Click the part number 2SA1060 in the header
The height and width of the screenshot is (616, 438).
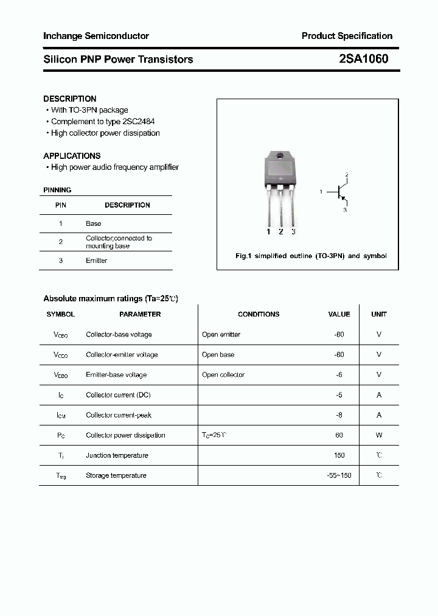pyautogui.click(x=363, y=59)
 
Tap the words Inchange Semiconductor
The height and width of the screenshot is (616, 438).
pyautogui.click(x=96, y=36)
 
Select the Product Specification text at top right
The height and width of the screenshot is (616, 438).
pyautogui.click(x=347, y=36)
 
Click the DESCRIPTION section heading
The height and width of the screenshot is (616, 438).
pyautogui.click(x=70, y=99)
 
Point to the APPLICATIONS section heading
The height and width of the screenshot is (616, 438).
pyautogui.click(x=72, y=156)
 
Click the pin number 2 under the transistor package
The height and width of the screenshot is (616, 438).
pyautogui.click(x=280, y=231)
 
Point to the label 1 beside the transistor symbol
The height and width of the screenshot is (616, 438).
pyautogui.click(x=321, y=192)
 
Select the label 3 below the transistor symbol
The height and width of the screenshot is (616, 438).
pyautogui.click(x=345, y=210)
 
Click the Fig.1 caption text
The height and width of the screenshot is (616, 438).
pyautogui.click(x=311, y=256)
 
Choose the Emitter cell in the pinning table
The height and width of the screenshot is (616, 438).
pyautogui.click(x=96, y=261)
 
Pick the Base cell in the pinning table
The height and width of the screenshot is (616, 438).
pyautogui.click(x=93, y=223)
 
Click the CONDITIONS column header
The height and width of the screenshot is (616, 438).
pyautogui.click(x=259, y=314)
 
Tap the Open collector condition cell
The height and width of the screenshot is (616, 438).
pyautogui.click(x=223, y=375)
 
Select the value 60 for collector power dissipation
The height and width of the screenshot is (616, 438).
pyautogui.click(x=339, y=435)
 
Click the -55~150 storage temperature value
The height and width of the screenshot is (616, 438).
pyautogui.click(x=339, y=475)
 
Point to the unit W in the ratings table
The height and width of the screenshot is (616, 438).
pyautogui.click(x=379, y=435)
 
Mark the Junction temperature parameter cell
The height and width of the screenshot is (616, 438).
pyautogui.click(x=117, y=455)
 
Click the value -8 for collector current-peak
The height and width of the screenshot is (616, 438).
pyautogui.click(x=339, y=415)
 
